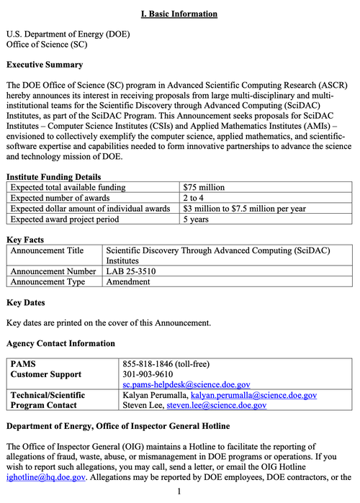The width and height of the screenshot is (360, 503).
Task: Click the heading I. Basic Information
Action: coord(179,14)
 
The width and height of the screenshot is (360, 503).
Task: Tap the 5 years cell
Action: coord(197,219)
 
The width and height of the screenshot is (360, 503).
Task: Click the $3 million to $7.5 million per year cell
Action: coord(244,209)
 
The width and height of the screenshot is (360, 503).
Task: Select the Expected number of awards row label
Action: coord(60,198)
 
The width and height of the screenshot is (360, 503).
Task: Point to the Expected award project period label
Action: coord(64,219)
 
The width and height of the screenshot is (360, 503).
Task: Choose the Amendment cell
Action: coord(128,281)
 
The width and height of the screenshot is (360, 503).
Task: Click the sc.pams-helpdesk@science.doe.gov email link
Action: coord(186,385)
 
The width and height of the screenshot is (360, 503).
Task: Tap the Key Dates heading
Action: coord(25,303)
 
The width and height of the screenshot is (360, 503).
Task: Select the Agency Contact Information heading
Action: coord(60,343)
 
